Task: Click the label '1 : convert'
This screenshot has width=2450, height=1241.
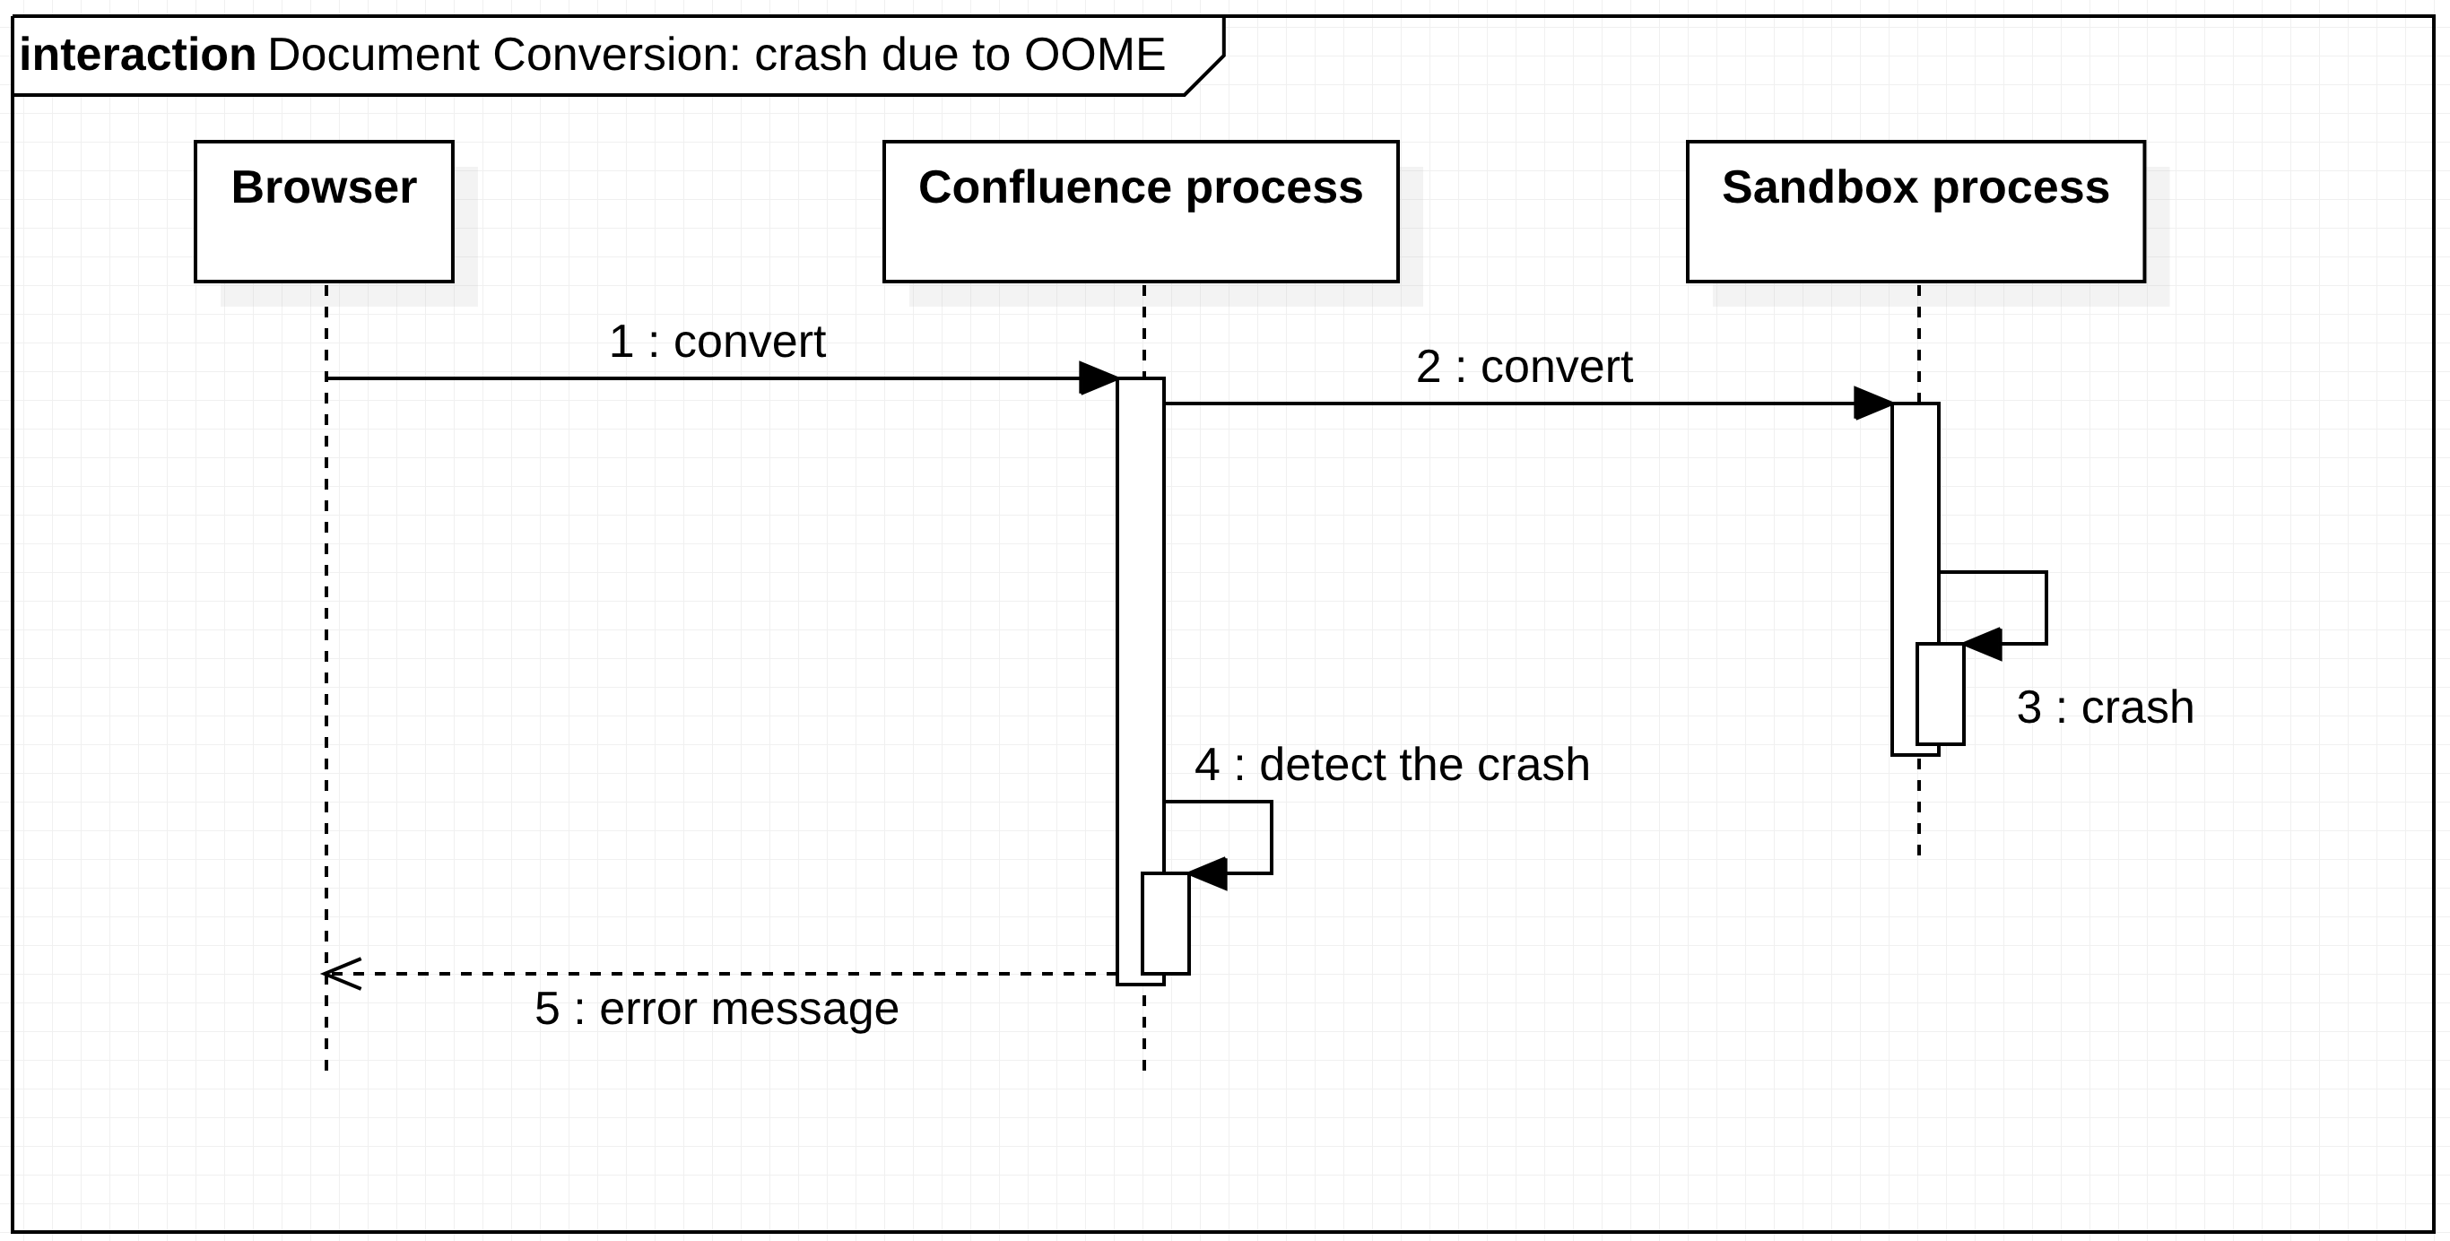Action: click(x=717, y=343)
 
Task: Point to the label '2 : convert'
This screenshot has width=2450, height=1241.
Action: click(x=1524, y=367)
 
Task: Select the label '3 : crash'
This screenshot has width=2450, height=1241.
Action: click(x=2104, y=707)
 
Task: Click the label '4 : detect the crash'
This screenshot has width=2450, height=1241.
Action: click(x=1392, y=765)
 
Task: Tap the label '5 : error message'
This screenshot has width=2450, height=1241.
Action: click(x=717, y=1009)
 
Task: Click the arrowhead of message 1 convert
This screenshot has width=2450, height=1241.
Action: click(x=1099, y=378)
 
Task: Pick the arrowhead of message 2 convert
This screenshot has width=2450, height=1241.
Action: click(x=1873, y=404)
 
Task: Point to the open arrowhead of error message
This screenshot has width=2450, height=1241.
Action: click(x=341, y=974)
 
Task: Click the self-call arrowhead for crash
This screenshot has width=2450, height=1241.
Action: click(x=1983, y=644)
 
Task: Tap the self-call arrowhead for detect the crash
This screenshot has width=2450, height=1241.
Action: click(x=1208, y=873)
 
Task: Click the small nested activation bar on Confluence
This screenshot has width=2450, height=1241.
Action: click(x=1165, y=924)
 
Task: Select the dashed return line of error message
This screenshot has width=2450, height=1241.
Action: click(x=723, y=974)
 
